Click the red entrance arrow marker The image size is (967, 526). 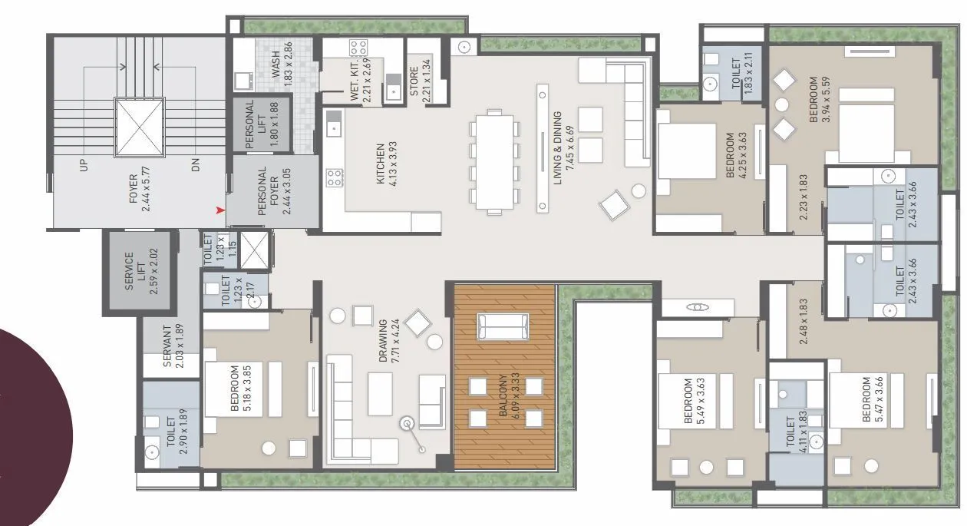click(x=221, y=209)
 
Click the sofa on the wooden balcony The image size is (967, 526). click(x=503, y=326)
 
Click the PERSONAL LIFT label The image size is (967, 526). click(x=250, y=124)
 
